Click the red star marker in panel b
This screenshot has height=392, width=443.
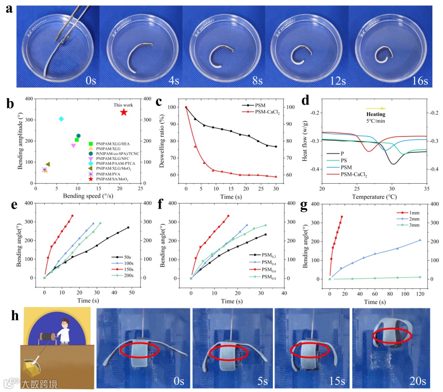pyautogui.click(x=124, y=112)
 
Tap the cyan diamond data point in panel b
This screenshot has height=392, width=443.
pyautogui.click(x=61, y=119)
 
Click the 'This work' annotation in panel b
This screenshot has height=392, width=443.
pyautogui.click(x=123, y=105)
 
